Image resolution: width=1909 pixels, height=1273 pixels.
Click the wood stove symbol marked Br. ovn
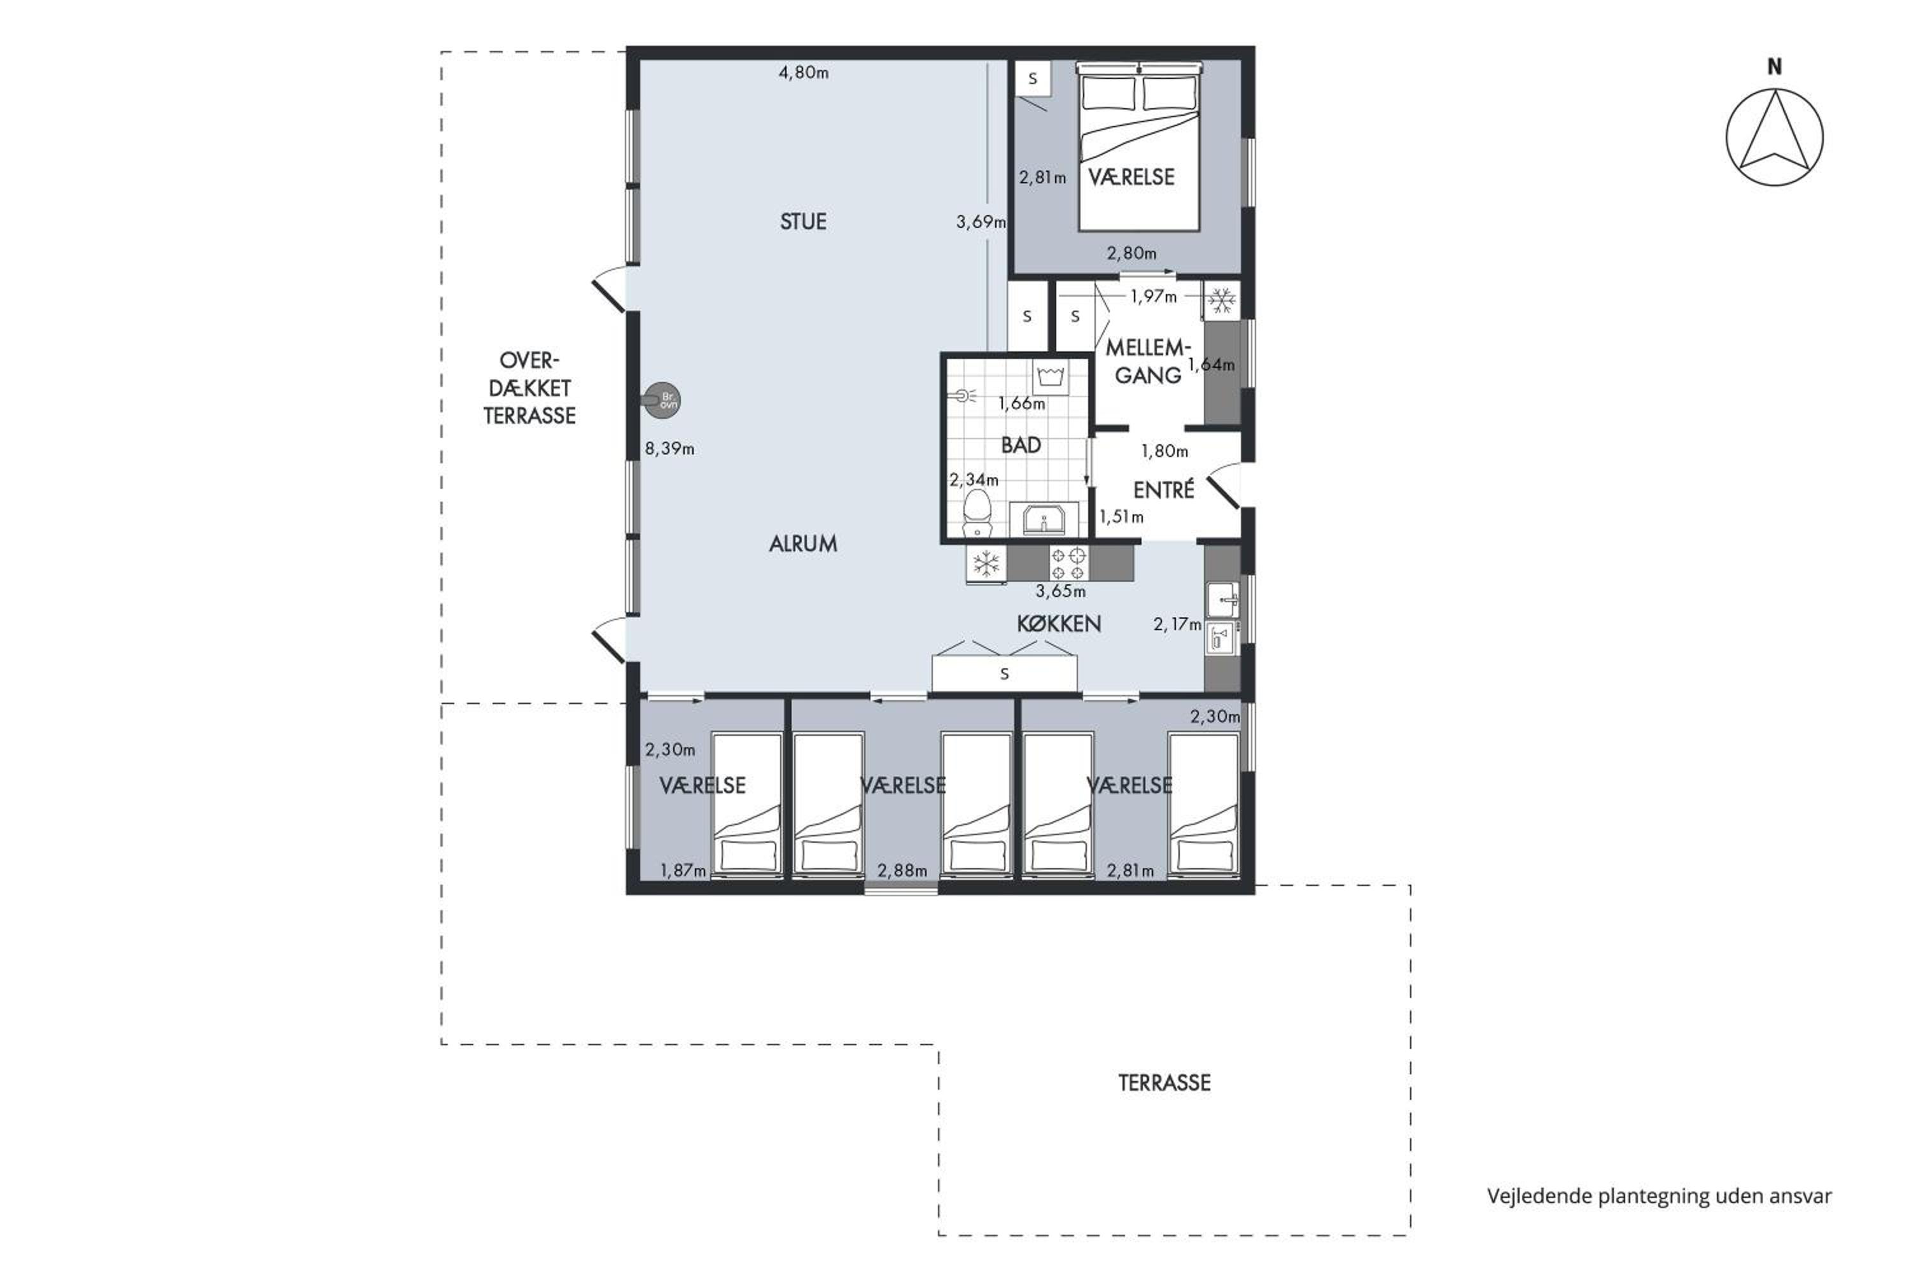coord(662,400)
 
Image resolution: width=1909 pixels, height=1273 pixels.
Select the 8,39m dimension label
coord(669,448)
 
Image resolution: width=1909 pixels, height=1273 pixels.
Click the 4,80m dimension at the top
coord(804,73)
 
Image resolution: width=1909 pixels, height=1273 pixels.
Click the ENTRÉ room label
coord(1163,489)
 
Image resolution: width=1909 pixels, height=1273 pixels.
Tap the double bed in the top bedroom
coord(1139,146)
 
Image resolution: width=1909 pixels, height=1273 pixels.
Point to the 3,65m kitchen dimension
coord(1060,591)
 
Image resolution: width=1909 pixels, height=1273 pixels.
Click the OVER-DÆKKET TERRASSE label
coord(529,388)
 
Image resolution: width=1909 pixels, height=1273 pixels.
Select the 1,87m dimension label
coord(683,870)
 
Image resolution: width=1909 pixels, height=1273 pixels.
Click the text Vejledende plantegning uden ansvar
coord(1659,1196)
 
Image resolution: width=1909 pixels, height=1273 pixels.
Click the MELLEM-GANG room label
coord(1147,362)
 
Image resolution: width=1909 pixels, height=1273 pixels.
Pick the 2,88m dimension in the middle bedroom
coord(902,870)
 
